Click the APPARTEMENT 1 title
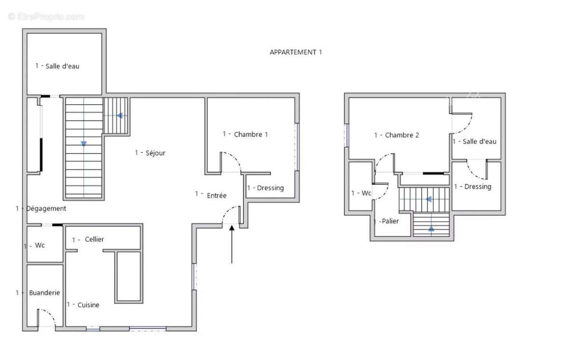(x=296, y=52)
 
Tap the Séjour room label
(x=150, y=153)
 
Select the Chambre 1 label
(x=245, y=134)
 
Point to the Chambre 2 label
(x=397, y=135)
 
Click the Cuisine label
(x=83, y=305)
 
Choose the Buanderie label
(x=38, y=292)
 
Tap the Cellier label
(x=88, y=239)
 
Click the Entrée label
(x=211, y=195)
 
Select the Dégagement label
(x=41, y=208)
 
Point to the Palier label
(x=386, y=221)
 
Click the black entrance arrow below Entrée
(x=232, y=244)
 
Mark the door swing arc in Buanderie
(x=50, y=314)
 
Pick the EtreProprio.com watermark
(x=46, y=16)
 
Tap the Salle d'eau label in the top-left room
(x=57, y=66)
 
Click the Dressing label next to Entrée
(x=265, y=188)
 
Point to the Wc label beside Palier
(x=361, y=193)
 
